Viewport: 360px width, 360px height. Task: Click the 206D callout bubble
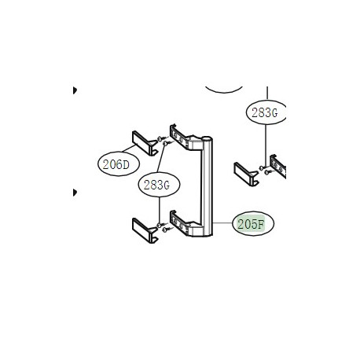coord(116,164)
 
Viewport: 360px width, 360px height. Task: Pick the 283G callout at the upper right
coord(263,112)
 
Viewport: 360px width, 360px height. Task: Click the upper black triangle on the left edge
coord(75,91)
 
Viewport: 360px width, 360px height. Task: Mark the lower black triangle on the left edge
coord(75,193)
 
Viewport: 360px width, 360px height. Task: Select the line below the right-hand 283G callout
coord(263,141)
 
